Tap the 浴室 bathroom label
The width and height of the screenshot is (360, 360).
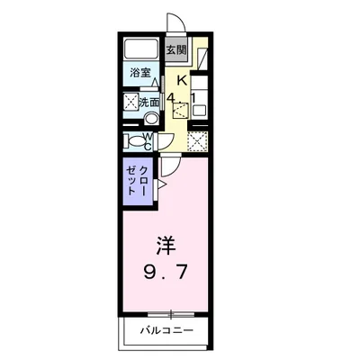click(139, 72)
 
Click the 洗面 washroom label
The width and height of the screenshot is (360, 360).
click(150, 103)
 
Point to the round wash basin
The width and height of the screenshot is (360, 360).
click(152, 118)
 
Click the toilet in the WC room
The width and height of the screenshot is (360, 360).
click(132, 140)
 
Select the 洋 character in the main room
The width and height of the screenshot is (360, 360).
click(166, 245)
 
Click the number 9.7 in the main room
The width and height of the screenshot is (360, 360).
click(166, 271)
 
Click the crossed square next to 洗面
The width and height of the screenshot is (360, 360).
click(131, 102)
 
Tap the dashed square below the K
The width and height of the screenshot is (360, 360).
click(183, 112)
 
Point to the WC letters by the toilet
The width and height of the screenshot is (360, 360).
click(148, 140)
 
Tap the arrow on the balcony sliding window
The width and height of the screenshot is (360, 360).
click(166, 313)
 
